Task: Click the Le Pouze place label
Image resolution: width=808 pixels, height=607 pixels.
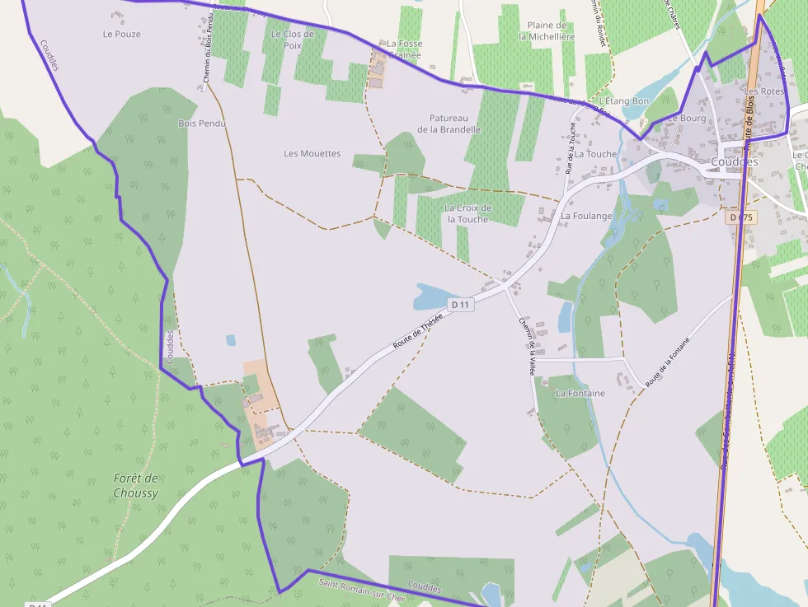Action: pyautogui.click(x=121, y=35)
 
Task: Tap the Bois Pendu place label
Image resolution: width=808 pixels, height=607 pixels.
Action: pyautogui.click(x=202, y=124)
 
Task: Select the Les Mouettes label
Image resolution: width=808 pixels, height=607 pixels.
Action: pyautogui.click(x=312, y=153)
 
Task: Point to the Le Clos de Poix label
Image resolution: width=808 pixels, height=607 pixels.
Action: pyautogui.click(x=293, y=40)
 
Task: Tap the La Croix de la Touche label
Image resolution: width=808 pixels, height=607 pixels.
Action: pyautogui.click(x=467, y=213)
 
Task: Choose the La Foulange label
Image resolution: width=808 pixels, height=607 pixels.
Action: pyautogui.click(x=586, y=216)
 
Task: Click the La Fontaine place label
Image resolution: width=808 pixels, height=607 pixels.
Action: pyautogui.click(x=580, y=394)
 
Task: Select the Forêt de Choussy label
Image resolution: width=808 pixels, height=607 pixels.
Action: pyautogui.click(x=135, y=486)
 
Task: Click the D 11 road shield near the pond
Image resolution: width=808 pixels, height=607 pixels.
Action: pyautogui.click(x=461, y=305)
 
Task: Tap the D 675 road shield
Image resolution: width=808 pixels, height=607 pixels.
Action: pyautogui.click(x=742, y=217)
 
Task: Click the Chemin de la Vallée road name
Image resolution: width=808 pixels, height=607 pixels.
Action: pyautogui.click(x=526, y=347)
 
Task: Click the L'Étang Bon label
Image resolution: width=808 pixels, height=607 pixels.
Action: pyautogui.click(x=624, y=100)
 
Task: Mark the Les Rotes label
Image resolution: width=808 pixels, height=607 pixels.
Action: pyautogui.click(x=764, y=91)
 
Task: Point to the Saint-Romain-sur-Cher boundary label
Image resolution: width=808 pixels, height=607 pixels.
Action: pyautogui.click(x=361, y=590)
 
